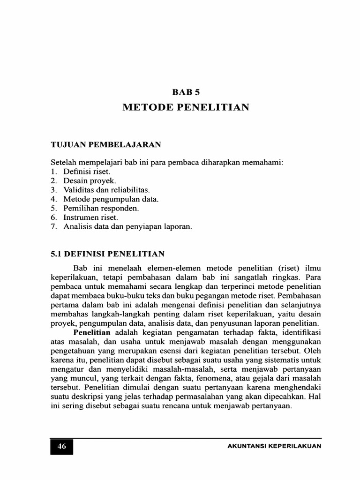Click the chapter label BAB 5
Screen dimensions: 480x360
(186, 92)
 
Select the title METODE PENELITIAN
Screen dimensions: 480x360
(186, 107)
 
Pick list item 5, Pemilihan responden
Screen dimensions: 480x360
(96, 208)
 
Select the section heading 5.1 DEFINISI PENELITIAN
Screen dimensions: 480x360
(107, 254)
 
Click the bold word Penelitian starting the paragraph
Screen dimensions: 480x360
(91, 332)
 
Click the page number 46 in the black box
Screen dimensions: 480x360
(61, 446)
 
